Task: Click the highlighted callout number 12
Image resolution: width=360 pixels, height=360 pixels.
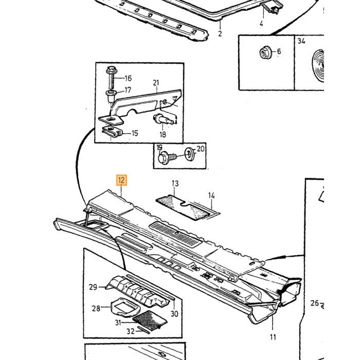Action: coord(121,180)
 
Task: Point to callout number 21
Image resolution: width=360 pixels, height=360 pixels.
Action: coord(156,83)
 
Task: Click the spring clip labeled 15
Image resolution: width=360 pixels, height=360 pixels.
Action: coord(112,133)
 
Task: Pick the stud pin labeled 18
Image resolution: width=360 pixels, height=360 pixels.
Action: coord(163,119)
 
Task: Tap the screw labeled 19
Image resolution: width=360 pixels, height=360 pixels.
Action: coord(168,157)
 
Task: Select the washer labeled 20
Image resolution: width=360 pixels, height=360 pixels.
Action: coord(189,154)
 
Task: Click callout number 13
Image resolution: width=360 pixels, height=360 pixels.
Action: coord(175,184)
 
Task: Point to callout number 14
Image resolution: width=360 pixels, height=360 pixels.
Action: coord(211,195)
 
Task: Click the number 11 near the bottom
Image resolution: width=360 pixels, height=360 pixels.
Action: coord(273,337)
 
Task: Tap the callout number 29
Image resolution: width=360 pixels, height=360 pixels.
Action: coord(93,287)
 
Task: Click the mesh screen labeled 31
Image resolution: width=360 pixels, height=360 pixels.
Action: coord(150,320)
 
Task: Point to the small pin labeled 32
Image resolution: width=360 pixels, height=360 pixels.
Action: coord(143,330)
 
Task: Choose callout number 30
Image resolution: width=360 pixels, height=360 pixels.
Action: coord(174,314)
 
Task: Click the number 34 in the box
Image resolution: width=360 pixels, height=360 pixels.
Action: coord(301,41)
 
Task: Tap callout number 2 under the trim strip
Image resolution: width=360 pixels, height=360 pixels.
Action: coord(220,34)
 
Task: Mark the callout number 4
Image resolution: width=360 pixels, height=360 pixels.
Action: coord(261,23)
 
